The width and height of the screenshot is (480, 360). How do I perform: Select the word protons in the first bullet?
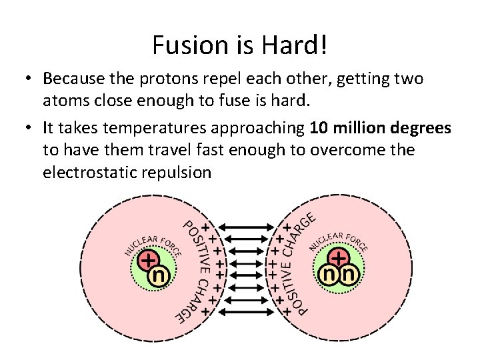point(166,79)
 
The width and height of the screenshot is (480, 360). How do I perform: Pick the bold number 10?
point(320,127)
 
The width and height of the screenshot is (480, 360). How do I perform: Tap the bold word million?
point(359,127)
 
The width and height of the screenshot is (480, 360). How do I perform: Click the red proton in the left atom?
point(148,259)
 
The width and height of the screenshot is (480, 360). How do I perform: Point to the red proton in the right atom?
point(339,258)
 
